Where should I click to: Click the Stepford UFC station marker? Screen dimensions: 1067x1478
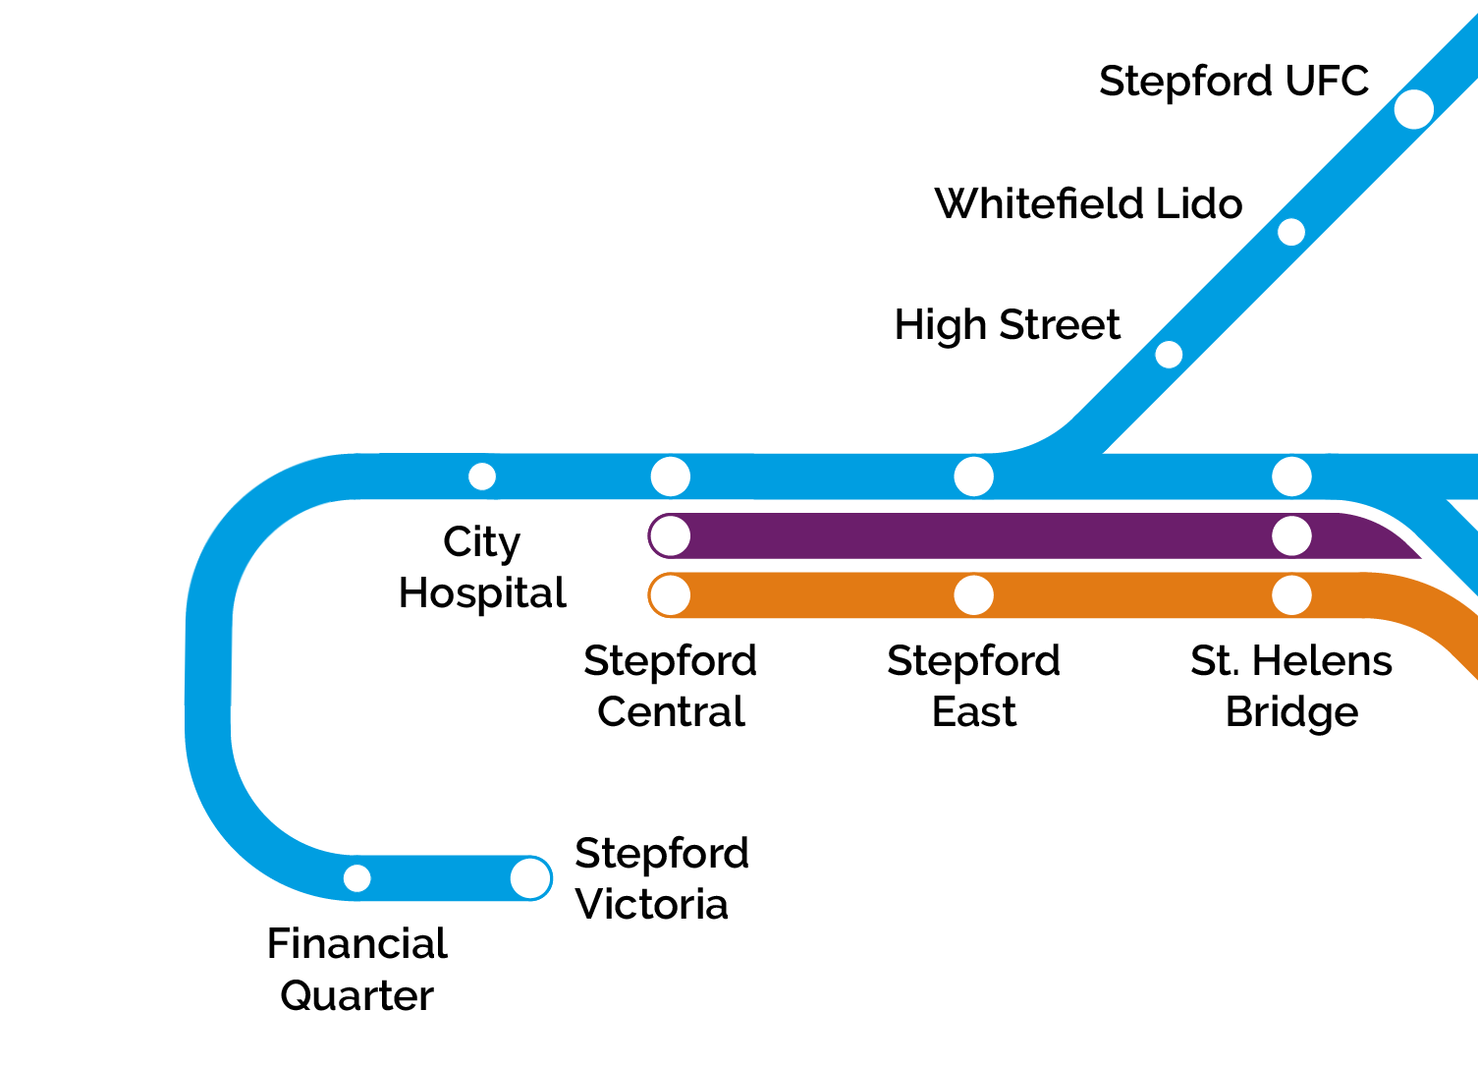pyautogui.click(x=1413, y=109)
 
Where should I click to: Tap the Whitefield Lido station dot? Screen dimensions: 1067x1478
pyautogui.click(x=1291, y=232)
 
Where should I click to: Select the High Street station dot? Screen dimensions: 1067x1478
pyautogui.click(x=1169, y=355)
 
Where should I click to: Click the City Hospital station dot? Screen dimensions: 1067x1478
pyautogui.click(x=482, y=477)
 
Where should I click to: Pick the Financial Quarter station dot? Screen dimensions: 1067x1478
pyautogui.click(x=357, y=878)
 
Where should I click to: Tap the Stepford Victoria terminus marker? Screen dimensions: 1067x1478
pyautogui.click(x=530, y=878)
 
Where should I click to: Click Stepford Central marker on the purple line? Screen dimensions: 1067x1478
pyautogui.click(x=671, y=536)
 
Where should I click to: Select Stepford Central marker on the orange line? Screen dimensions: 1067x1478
pyautogui.click(x=671, y=595)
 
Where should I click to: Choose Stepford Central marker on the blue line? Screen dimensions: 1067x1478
pyautogui.click(x=671, y=477)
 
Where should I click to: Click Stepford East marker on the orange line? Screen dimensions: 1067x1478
pyautogui.click(x=973, y=595)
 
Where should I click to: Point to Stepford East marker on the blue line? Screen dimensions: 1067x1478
pyautogui.click(x=973, y=477)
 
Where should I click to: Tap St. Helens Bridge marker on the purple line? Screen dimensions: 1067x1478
pyautogui.click(x=1291, y=536)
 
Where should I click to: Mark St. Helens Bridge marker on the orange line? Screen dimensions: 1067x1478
pyautogui.click(x=1291, y=595)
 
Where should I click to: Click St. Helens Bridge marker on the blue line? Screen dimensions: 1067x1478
pyautogui.click(x=1291, y=477)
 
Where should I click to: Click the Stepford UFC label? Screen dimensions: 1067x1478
pyautogui.click(x=1233, y=82)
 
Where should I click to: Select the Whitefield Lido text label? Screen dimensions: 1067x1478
pyautogui.click(x=1088, y=204)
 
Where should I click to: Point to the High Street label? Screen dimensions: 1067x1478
pyautogui.click(x=1007, y=325)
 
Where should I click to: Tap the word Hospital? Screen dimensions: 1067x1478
pyautogui.click(x=482, y=593)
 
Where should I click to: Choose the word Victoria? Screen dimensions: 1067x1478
pyautogui.click(x=651, y=905)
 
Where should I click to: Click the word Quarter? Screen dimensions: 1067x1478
pyautogui.click(x=356, y=996)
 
